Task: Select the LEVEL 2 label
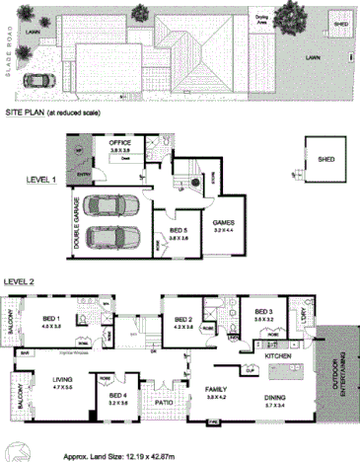[19, 281]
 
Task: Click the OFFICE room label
[120, 144]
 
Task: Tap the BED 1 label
[51, 318]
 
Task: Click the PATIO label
[164, 402]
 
